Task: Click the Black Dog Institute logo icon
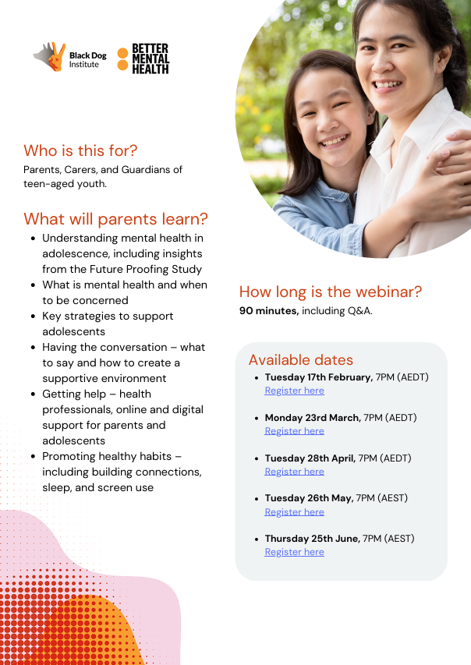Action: click(50, 56)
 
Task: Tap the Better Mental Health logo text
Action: click(151, 59)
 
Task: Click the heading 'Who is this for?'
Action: click(80, 150)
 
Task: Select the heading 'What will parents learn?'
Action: click(115, 219)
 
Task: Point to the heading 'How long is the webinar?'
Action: click(331, 292)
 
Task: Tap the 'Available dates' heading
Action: click(301, 360)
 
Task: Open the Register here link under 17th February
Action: click(295, 391)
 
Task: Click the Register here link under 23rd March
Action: click(295, 431)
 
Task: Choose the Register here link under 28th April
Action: click(295, 472)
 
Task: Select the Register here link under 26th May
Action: click(295, 512)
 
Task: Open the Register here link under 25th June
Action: click(295, 552)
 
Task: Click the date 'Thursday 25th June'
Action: click(312, 539)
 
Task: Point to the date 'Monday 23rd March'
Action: click(313, 418)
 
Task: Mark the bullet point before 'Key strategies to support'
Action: click(33, 317)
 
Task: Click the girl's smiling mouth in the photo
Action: click(335, 140)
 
